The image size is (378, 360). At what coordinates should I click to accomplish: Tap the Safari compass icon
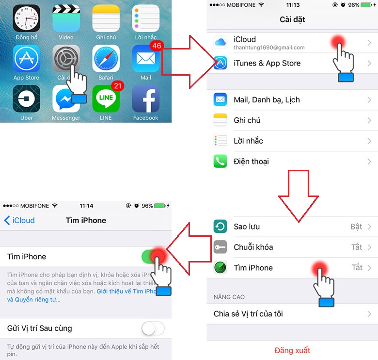pos(106,58)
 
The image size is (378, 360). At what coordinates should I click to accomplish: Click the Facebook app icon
pos(145,99)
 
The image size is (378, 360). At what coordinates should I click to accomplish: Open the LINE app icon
pos(106,99)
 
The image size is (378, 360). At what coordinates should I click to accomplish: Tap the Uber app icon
pos(26,99)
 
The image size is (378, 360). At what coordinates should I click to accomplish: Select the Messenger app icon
pos(66,99)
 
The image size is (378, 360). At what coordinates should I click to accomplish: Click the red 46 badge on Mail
pos(157,46)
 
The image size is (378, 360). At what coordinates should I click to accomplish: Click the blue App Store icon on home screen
pos(26,58)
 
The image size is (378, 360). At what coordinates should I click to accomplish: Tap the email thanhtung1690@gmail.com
pos(269,48)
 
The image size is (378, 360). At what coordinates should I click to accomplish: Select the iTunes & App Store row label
pos(267,63)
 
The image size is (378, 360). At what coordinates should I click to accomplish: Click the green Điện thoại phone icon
pos(220,161)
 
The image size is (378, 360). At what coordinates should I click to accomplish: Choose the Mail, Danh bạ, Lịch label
pos(267,100)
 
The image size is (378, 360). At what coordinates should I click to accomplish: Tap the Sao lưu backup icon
pos(220,227)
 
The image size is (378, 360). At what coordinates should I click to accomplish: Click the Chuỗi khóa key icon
pos(220,247)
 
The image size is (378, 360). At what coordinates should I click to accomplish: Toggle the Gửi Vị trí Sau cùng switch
pos(153,328)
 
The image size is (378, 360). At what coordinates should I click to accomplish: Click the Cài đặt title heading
pos(292,20)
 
